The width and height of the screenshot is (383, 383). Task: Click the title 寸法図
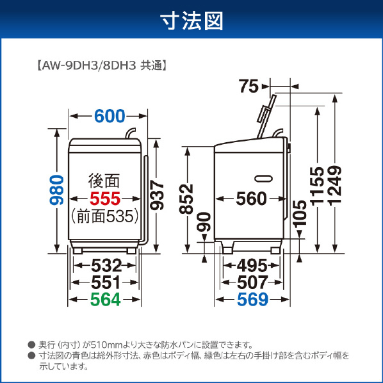[191, 22]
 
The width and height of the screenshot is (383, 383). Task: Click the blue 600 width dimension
[110, 116]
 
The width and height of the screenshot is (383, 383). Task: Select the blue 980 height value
[56, 190]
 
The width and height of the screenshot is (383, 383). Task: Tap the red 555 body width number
[105, 199]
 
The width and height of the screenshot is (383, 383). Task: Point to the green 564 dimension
[106, 299]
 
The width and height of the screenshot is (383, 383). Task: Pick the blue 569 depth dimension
[252, 299]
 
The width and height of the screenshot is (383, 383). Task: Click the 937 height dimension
[156, 195]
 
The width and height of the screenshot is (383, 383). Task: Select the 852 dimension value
[186, 199]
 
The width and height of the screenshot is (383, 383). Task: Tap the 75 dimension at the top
[249, 86]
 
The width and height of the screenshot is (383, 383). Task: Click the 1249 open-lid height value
[335, 186]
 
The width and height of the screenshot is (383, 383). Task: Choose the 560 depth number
[251, 199]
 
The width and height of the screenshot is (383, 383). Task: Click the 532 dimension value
[106, 266]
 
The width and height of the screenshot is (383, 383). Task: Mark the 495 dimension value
[252, 266]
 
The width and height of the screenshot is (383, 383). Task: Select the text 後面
[104, 181]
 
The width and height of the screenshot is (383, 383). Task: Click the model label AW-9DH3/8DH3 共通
[102, 65]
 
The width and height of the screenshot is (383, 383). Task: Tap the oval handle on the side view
[264, 179]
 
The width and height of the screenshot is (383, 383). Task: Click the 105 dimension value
[300, 213]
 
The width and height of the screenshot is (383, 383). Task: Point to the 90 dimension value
[204, 222]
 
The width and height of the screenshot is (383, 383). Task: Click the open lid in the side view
[266, 117]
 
